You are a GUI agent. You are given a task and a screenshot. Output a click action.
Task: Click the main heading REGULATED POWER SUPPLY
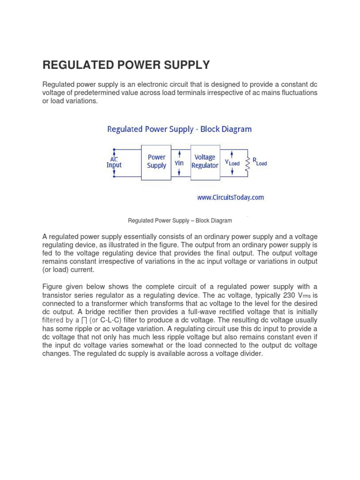pyautogui.click(x=126, y=65)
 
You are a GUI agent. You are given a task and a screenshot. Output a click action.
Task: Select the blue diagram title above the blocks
pyautogui.click(x=180, y=129)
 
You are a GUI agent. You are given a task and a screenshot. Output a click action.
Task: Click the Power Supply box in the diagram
pyautogui.click(x=157, y=162)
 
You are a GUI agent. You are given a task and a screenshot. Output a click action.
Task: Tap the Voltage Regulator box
pyautogui.click(x=205, y=162)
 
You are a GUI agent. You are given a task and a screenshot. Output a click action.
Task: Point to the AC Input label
pyautogui.click(x=114, y=162)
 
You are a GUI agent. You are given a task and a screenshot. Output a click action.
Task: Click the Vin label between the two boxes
pyautogui.click(x=180, y=163)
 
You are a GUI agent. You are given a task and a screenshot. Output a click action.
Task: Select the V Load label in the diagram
pyautogui.click(x=232, y=163)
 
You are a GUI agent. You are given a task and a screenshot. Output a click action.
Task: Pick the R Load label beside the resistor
pyautogui.click(x=260, y=161)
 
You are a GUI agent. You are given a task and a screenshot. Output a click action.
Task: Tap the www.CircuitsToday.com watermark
pyautogui.click(x=230, y=197)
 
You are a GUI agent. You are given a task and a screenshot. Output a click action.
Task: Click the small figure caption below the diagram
pyautogui.click(x=180, y=220)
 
